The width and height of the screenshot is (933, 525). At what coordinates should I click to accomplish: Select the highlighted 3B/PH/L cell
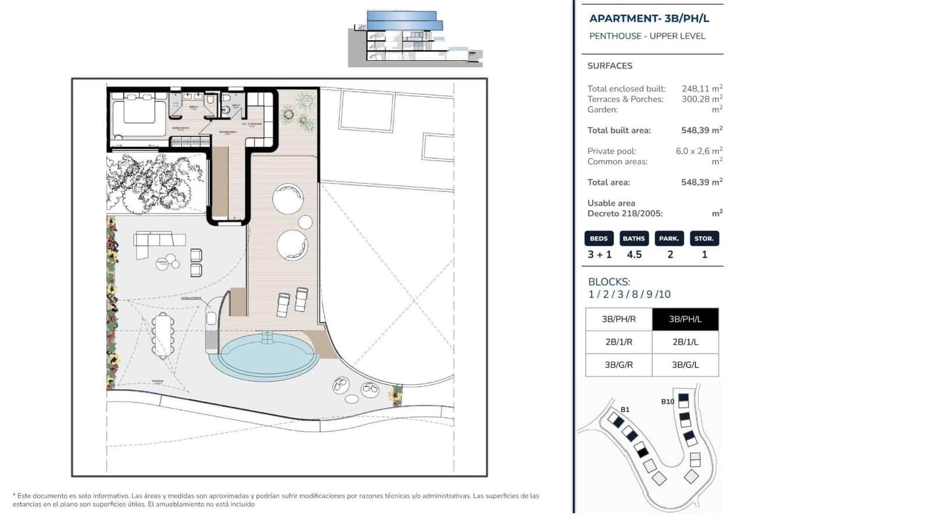[685, 319]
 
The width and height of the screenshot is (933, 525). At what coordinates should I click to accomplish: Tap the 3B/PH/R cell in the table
[619, 319]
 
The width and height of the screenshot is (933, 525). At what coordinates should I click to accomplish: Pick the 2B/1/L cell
[685, 342]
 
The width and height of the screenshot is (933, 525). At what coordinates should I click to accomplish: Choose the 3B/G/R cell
[619, 365]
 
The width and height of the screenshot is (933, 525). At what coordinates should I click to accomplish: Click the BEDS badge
[599, 239]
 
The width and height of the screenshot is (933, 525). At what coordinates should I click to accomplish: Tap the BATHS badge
[634, 239]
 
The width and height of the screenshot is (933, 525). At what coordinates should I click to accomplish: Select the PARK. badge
[669, 239]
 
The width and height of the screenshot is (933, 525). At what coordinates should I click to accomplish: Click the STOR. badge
[704, 239]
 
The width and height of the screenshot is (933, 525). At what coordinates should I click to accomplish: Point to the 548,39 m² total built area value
[701, 130]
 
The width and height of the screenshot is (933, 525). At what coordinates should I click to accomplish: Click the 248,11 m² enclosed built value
[701, 89]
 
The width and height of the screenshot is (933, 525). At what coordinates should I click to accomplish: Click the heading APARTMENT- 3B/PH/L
[649, 18]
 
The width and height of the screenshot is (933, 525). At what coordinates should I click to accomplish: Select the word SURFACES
[609, 66]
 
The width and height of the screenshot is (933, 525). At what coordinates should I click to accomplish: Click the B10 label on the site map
[667, 401]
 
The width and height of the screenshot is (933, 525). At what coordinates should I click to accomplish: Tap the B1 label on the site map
[625, 409]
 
